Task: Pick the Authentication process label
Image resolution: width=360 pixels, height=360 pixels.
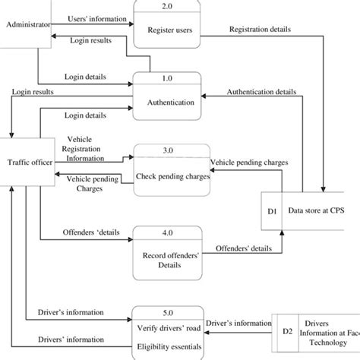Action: coord(166,102)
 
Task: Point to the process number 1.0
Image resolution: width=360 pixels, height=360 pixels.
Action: coord(167,78)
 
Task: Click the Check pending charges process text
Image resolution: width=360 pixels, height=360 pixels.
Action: coord(172,176)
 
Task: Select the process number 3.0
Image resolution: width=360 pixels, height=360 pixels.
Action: coord(167,151)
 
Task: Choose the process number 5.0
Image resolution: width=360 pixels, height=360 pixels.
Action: coord(167,312)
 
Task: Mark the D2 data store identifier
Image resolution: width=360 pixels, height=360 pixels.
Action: coord(287,331)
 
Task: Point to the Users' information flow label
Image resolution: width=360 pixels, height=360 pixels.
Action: coord(93,17)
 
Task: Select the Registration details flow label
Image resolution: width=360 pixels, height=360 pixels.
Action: coord(259,30)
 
